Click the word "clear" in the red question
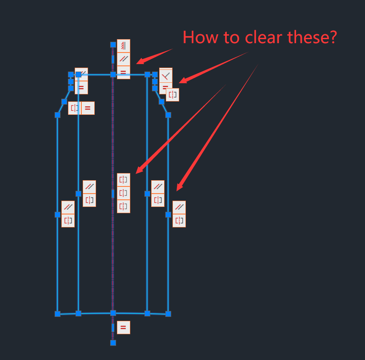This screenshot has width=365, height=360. tap(260, 37)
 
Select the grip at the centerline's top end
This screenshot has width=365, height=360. tap(113, 44)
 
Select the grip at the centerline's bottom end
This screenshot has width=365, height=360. tap(113, 343)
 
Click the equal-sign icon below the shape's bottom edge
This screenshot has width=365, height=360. tap(124, 328)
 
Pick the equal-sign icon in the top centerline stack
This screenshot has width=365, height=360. tap(124, 72)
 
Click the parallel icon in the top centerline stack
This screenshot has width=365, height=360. tap(124, 59)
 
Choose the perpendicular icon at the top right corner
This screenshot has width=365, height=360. tap(165, 75)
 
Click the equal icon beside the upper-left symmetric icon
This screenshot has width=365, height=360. tap(88, 108)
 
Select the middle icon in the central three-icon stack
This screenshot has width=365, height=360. tap(124, 193)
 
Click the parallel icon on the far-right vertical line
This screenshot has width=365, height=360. tap(179, 207)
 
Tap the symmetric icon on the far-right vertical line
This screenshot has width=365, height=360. tap(179, 220)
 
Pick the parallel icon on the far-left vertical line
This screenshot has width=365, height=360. tap(68, 207)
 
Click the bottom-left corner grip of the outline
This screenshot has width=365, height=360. tap(57, 314)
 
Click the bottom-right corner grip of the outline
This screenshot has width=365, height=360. tap(168, 314)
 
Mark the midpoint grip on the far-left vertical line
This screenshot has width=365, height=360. tap(57, 214)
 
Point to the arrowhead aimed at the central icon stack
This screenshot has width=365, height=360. tap(138, 171)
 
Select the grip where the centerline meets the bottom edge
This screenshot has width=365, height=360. tap(113, 313)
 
